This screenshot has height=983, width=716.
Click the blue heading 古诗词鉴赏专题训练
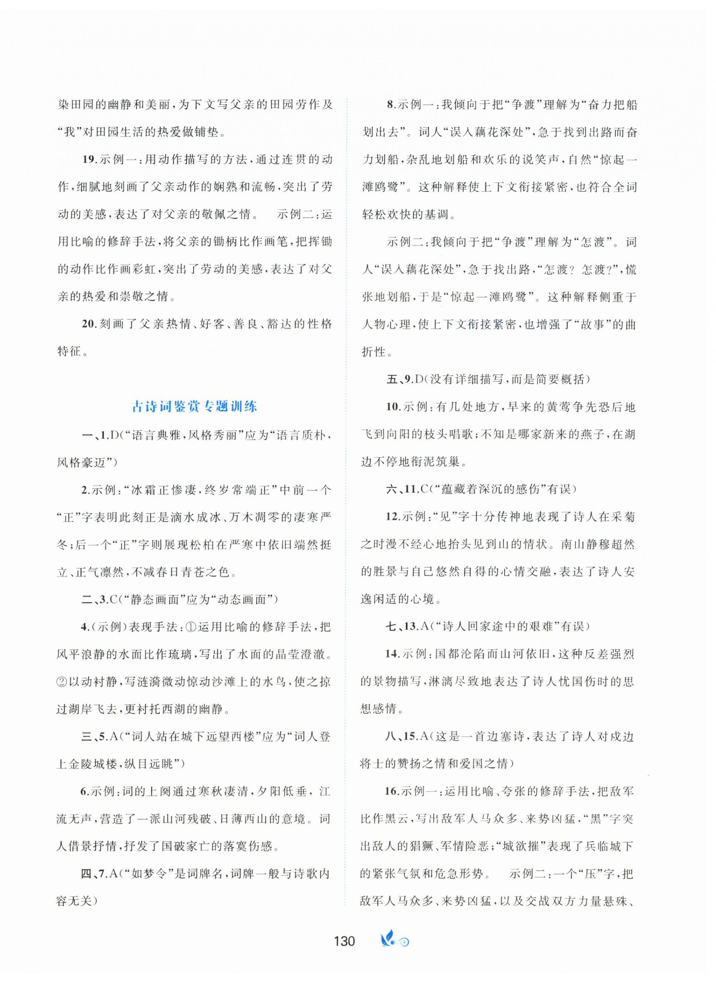194,406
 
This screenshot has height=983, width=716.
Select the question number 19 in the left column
89,159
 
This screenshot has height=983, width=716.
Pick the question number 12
393,517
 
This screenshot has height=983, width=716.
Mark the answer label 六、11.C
406,489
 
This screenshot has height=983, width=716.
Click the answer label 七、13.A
406,626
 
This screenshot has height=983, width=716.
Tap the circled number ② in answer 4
63,682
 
